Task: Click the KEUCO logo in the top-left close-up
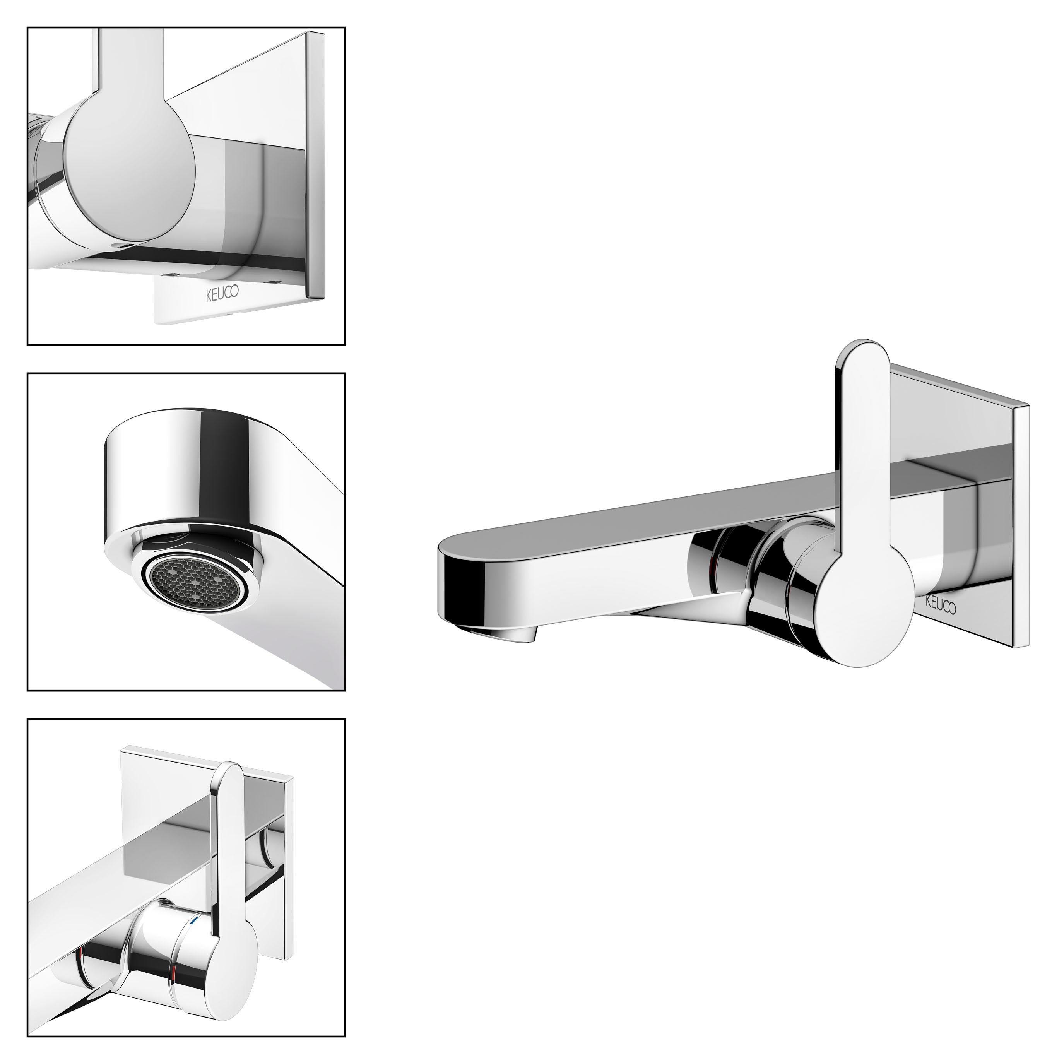[222, 294]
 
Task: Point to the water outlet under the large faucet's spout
[518, 635]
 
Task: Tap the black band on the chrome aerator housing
[226, 474]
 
